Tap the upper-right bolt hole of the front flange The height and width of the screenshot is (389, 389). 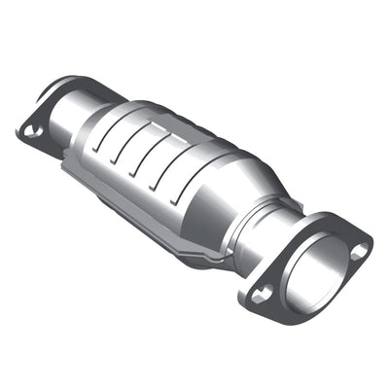click(x=359, y=251)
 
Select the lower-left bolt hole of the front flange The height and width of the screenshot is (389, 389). click(x=260, y=295)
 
